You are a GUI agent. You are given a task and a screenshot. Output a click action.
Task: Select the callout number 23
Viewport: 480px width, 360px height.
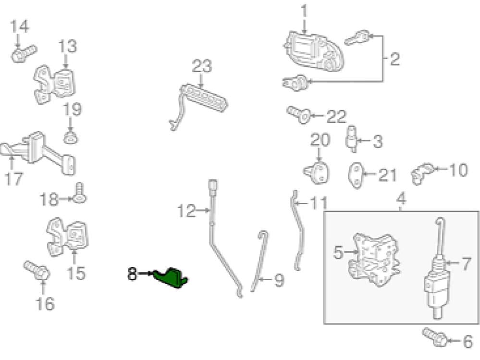point(201,66)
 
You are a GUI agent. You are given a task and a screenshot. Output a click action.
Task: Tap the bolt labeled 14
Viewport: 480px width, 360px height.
point(22,53)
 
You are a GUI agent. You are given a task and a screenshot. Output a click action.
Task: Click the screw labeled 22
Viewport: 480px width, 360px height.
point(298,114)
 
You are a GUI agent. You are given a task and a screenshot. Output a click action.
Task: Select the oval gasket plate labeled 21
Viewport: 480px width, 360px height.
point(356,176)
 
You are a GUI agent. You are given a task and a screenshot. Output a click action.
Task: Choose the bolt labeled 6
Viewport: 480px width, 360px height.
point(435,336)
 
